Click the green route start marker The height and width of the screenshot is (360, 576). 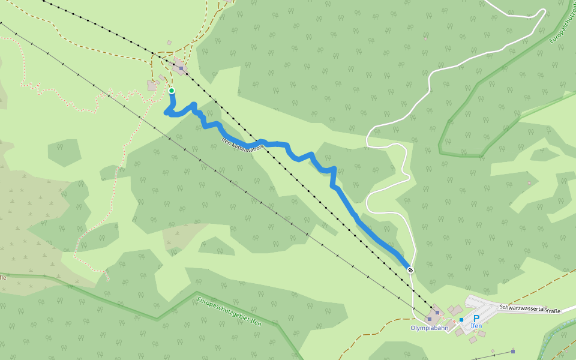[172, 91]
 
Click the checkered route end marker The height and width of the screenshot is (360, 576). [410, 270]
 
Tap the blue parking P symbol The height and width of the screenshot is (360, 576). [476, 319]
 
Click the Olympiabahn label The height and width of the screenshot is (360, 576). [429, 328]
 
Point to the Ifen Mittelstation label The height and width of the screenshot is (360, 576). [242, 146]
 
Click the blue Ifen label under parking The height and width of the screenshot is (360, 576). [476, 326]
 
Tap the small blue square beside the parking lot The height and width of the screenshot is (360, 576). [461, 319]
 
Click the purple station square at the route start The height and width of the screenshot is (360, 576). [181, 68]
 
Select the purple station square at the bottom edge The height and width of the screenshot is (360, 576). [513, 350]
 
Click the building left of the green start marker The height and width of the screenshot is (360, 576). [152, 86]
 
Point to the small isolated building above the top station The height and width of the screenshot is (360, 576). [169, 43]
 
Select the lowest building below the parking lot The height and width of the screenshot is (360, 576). [473, 340]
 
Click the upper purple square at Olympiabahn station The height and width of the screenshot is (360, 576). [437, 313]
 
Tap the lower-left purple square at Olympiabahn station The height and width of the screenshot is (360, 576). [430, 319]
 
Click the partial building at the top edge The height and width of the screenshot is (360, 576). [229, 1]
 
